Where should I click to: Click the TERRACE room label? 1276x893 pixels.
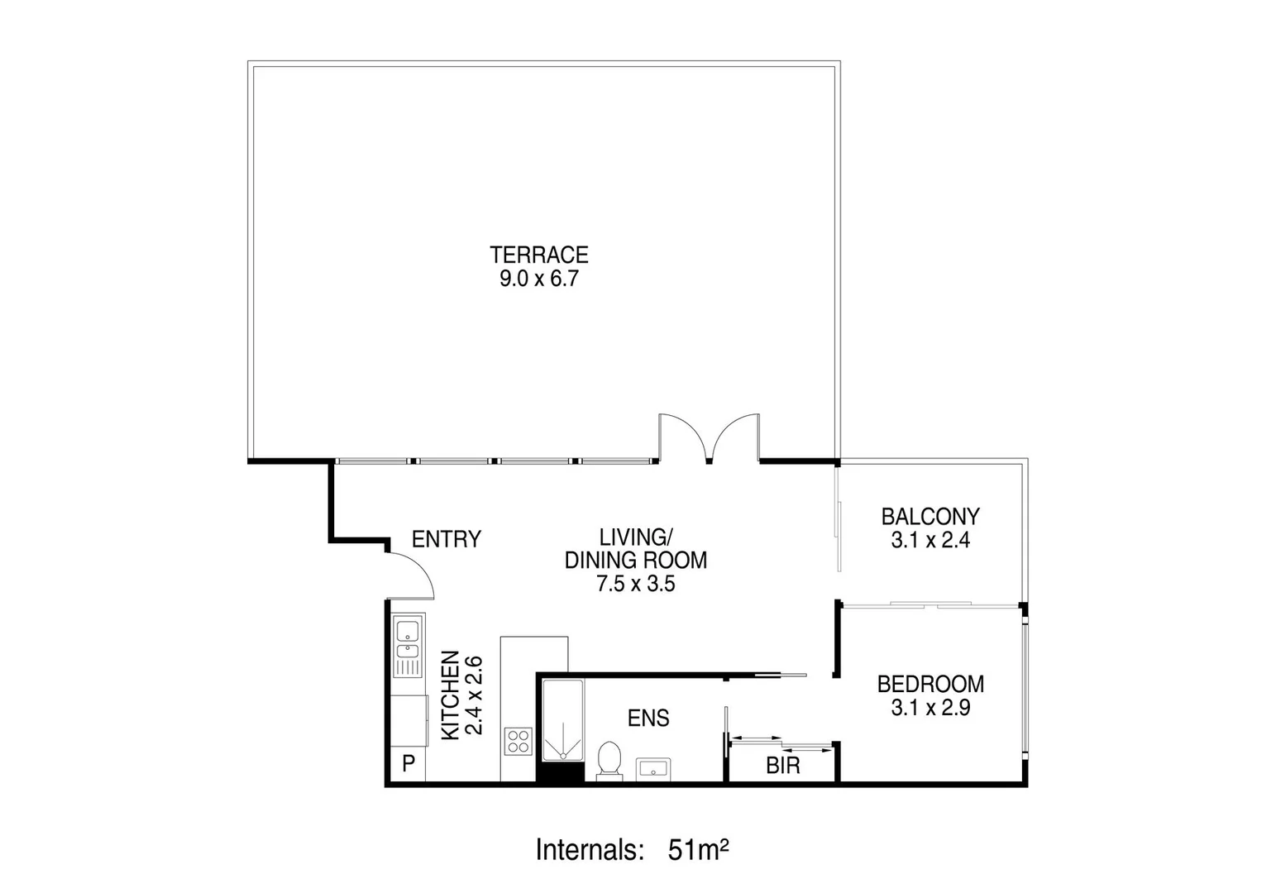point(538,254)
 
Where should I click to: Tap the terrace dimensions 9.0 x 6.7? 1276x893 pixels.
point(538,279)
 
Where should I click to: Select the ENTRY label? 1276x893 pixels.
point(446,540)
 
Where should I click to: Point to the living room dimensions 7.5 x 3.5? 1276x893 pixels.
point(636,584)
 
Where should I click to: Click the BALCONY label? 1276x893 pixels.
point(930,517)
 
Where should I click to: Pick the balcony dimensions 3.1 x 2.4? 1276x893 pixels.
point(930,541)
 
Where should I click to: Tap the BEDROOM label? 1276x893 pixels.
point(930,685)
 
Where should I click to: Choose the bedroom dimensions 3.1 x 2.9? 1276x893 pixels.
point(930,709)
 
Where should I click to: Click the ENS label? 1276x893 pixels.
point(648,719)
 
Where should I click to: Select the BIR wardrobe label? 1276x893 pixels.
point(783,766)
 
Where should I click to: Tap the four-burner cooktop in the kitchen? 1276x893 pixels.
point(519,740)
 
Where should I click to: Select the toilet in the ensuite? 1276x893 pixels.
point(609,759)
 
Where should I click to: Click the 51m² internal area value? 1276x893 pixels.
point(697,849)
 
